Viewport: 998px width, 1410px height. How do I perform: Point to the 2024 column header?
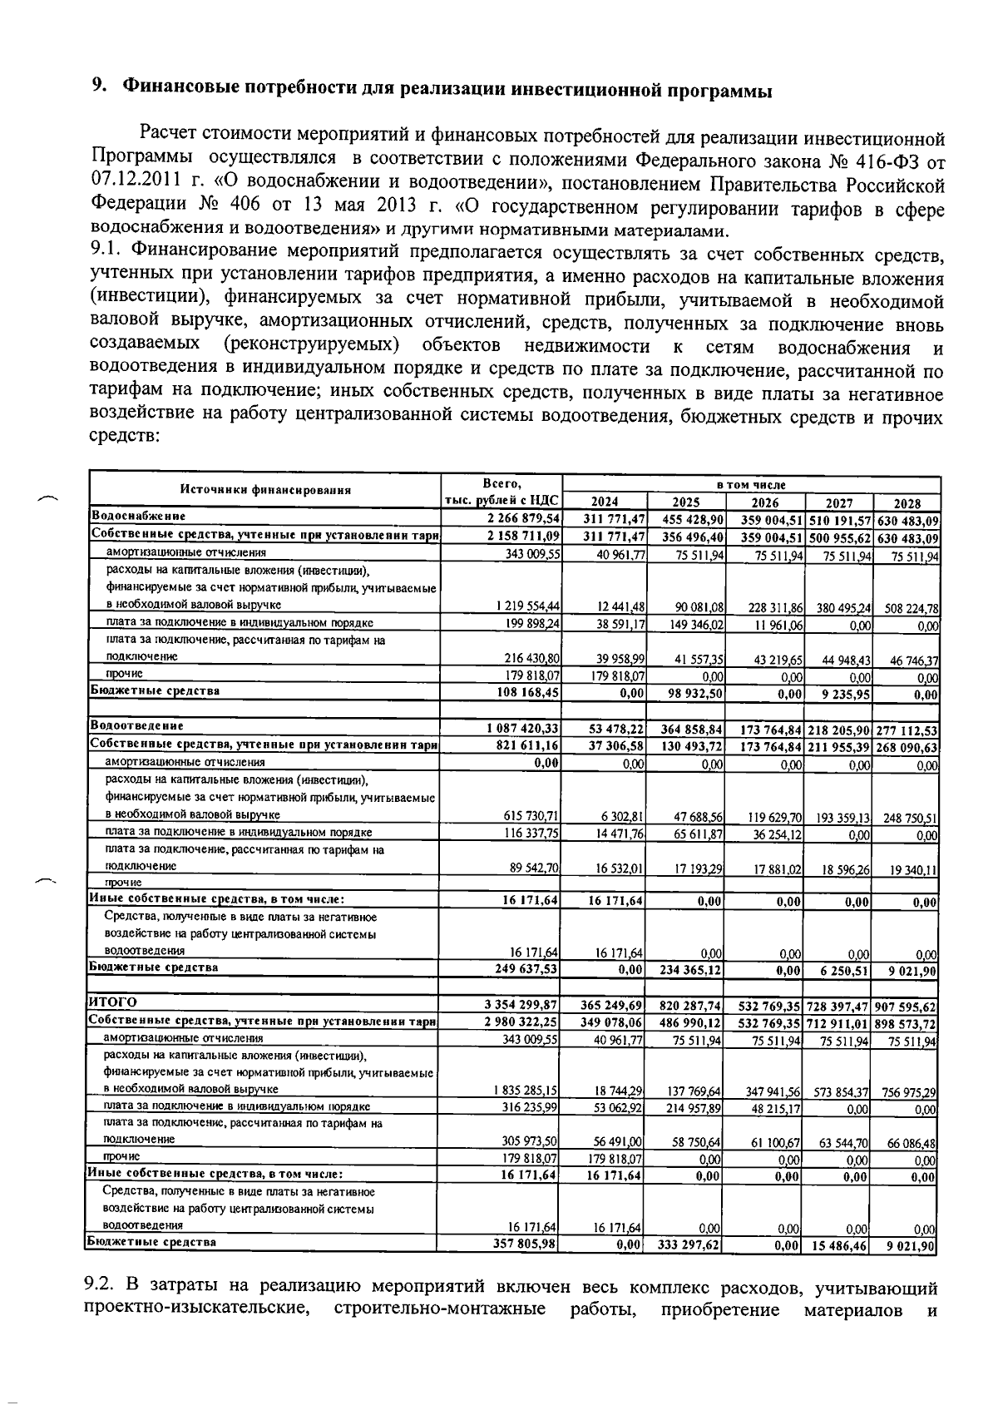[604, 502]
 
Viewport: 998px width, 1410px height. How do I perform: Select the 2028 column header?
[907, 503]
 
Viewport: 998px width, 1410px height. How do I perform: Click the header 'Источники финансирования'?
[266, 491]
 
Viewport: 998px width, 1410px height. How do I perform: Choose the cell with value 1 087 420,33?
[523, 730]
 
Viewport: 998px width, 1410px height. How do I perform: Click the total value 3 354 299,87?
[521, 1005]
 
